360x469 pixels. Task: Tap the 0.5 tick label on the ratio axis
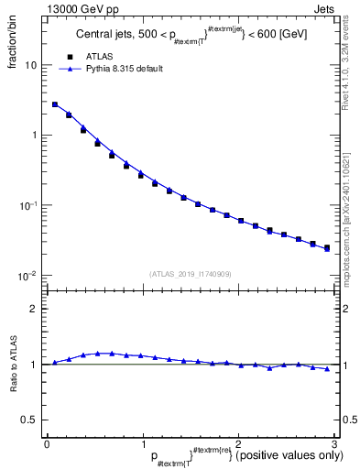[30, 420]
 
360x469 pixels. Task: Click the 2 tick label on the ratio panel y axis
[35, 309]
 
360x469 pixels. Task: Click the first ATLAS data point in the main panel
[55, 104]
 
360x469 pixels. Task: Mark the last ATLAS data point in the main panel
[327, 247]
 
